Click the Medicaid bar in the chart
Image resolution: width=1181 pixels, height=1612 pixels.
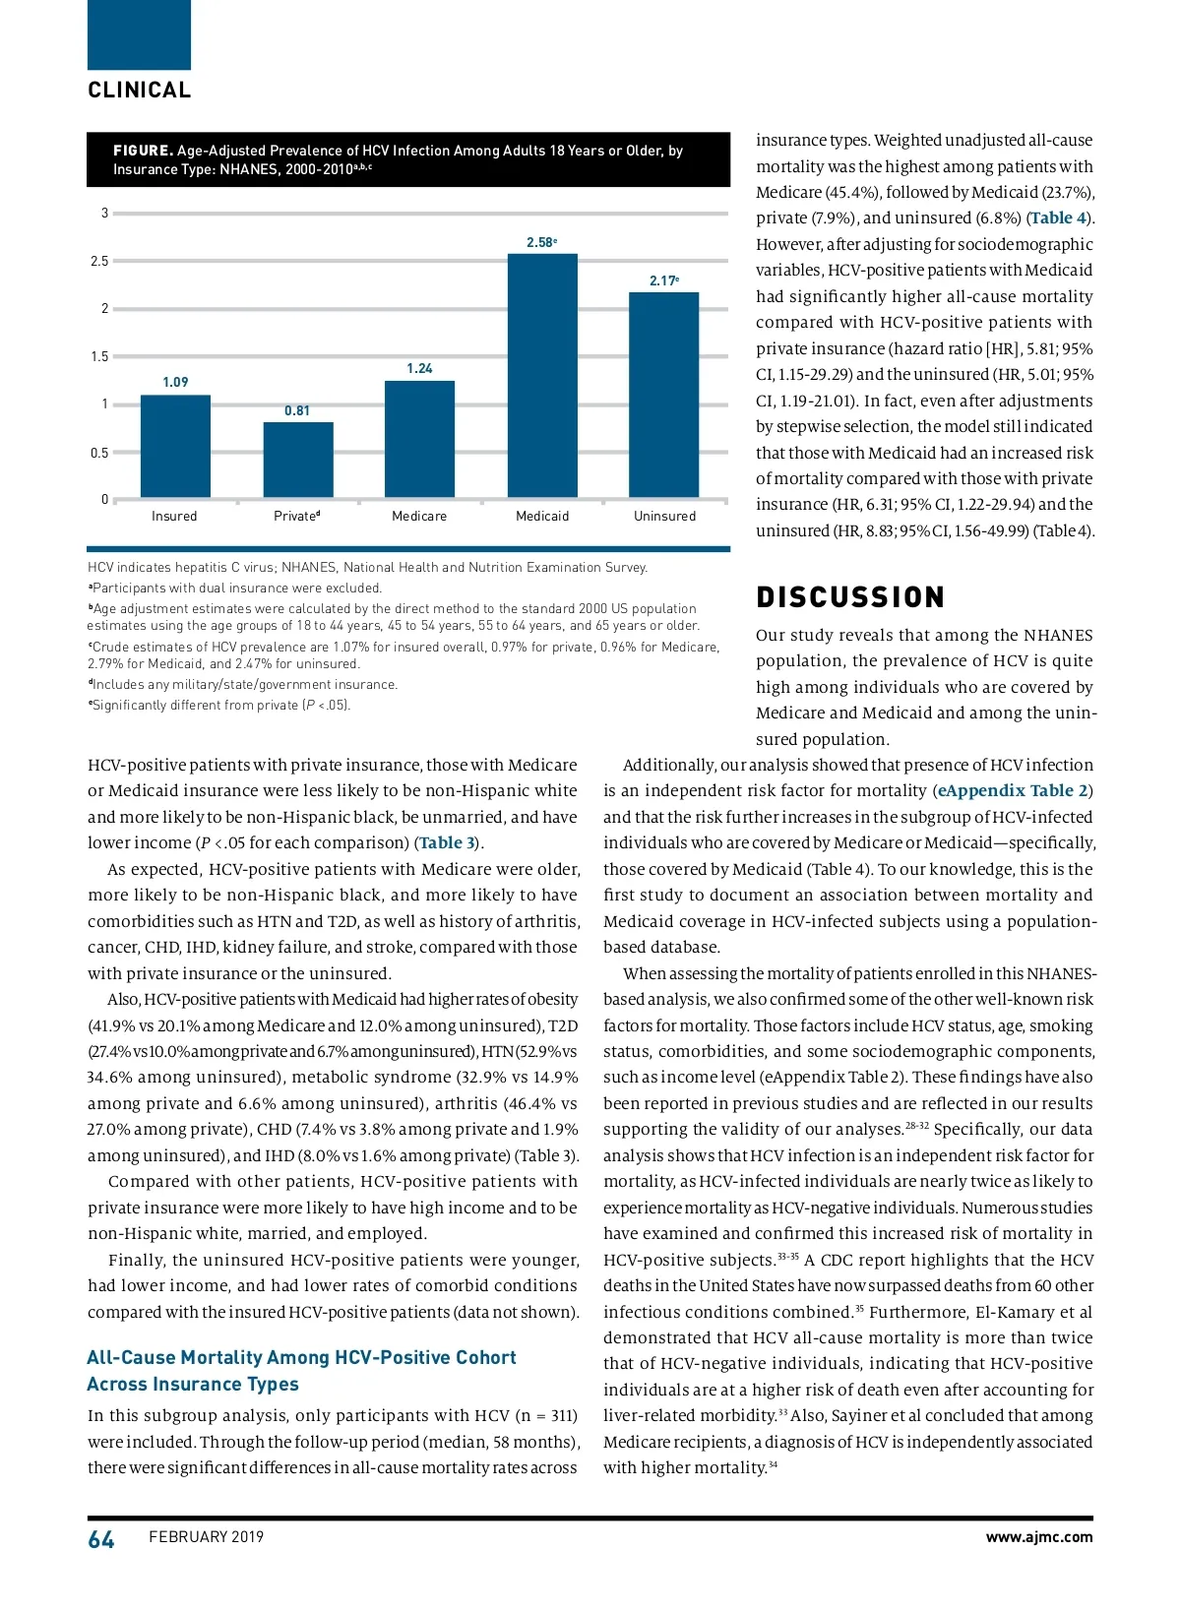pyautogui.click(x=542, y=376)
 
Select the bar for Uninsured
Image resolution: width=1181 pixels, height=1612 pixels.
pyautogui.click(x=664, y=395)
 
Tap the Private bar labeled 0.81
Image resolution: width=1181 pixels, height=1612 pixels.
pyautogui.click(x=297, y=460)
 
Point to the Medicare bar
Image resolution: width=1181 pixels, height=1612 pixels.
pyautogui.click(x=419, y=439)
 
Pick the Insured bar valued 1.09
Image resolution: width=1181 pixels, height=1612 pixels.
pyautogui.click(x=175, y=446)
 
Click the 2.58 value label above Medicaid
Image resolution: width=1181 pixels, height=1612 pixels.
pyautogui.click(x=541, y=242)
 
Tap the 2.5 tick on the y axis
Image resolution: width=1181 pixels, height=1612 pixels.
pyautogui.click(x=98, y=261)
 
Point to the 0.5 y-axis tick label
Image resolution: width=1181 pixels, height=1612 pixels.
pyautogui.click(x=98, y=453)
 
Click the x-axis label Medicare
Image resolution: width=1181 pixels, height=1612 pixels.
pyautogui.click(x=419, y=516)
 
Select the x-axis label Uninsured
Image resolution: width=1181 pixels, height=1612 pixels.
pyautogui.click(x=664, y=516)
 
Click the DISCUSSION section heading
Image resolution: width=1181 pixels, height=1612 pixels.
pyautogui.click(x=850, y=597)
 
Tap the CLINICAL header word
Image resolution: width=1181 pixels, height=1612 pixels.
pyautogui.click(x=140, y=91)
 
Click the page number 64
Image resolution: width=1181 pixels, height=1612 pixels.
pyautogui.click(x=101, y=1540)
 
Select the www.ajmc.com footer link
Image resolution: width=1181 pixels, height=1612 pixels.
pyautogui.click(x=1039, y=1537)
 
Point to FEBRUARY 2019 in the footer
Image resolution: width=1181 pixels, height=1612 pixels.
pyautogui.click(x=207, y=1537)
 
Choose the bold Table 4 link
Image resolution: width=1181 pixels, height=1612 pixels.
pyautogui.click(x=1058, y=218)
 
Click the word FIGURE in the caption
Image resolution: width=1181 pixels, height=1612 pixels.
pyautogui.click(x=143, y=151)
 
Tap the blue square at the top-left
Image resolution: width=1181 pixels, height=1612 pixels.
pyautogui.click(x=139, y=34)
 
